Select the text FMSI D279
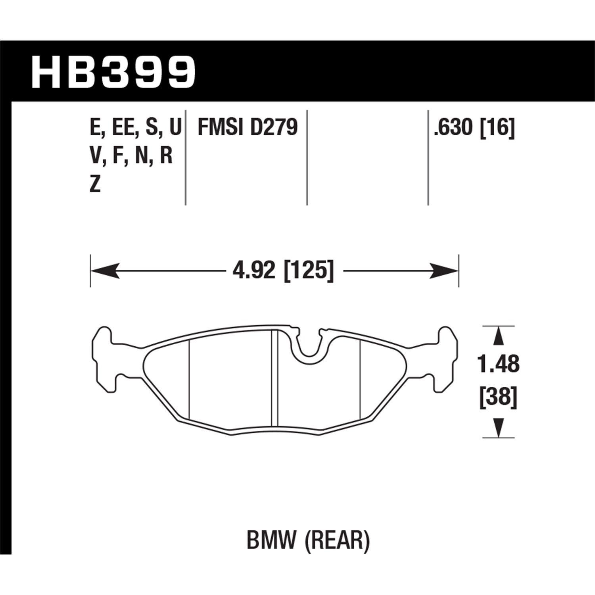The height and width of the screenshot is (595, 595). (248, 128)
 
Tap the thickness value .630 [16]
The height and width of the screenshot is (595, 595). (474, 128)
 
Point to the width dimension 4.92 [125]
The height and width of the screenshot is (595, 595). (283, 271)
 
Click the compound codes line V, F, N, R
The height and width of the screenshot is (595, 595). (131, 156)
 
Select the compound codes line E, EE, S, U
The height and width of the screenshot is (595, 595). (135, 128)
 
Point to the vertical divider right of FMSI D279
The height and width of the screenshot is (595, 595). (307, 157)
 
